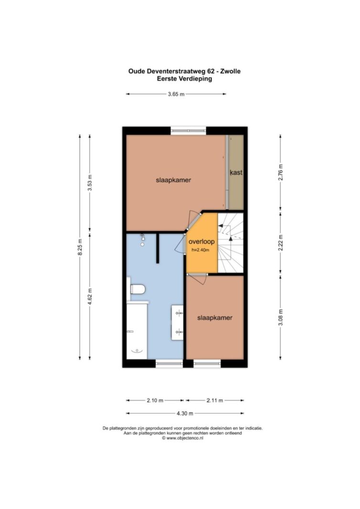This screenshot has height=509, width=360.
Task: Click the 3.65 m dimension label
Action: pyautogui.click(x=176, y=94)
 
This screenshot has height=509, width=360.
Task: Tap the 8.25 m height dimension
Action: pyautogui.click(x=80, y=247)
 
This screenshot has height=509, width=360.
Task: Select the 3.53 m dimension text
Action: pyautogui.click(x=90, y=183)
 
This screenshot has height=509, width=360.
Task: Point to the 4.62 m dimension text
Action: pyautogui.click(x=90, y=296)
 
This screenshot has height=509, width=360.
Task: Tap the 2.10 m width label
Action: pyautogui.click(x=155, y=401)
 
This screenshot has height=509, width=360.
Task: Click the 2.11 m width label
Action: pyautogui.click(x=215, y=401)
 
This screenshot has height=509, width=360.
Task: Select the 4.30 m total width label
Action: pyautogui.click(x=185, y=414)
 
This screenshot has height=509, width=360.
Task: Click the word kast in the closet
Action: pyautogui.click(x=236, y=172)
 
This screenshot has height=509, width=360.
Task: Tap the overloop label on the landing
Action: pyautogui.click(x=201, y=241)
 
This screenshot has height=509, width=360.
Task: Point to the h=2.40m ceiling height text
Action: pyautogui.click(x=201, y=250)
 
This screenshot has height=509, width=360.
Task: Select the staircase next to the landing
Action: pyautogui.click(x=230, y=243)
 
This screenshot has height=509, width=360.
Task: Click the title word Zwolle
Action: pyautogui.click(x=230, y=71)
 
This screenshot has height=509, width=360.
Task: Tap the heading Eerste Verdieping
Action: pyautogui.click(x=185, y=79)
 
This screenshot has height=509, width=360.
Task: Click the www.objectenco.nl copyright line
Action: pyautogui.click(x=182, y=438)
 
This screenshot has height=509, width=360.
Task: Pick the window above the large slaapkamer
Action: pyautogui.click(x=189, y=131)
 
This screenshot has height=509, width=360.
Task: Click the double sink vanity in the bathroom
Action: pyautogui.click(x=178, y=322)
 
